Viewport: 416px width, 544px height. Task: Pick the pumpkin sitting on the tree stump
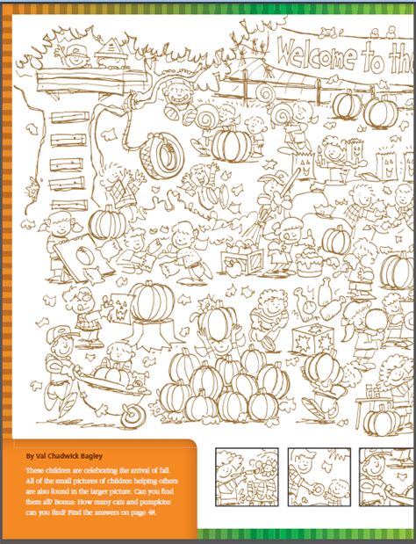pos(153,300)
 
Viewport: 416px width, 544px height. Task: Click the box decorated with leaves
pos(313,341)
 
